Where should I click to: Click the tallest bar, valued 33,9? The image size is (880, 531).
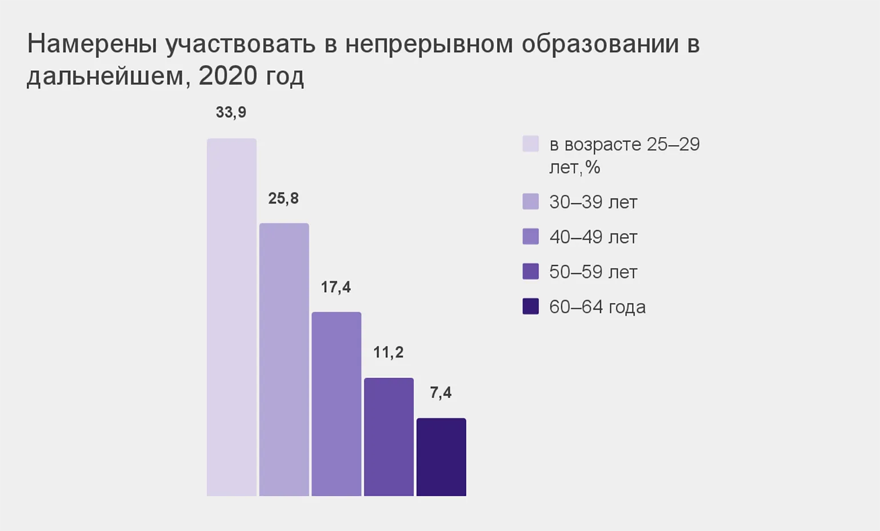(x=231, y=317)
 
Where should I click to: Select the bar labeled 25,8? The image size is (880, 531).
(x=284, y=360)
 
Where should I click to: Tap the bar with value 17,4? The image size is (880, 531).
(x=336, y=404)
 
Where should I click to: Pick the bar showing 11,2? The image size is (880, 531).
(x=389, y=437)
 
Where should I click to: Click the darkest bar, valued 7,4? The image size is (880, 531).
(x=441, y=457)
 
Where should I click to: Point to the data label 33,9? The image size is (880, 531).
(x=231, y=112)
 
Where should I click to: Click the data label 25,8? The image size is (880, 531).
(x=283, y=198)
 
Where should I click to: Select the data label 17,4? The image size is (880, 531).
(x=335, y=287)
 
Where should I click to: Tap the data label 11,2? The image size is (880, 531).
(x=388, y=352)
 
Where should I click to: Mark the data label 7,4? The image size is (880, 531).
(x=441, y=393)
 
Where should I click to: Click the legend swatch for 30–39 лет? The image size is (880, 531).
(x=530, y=201)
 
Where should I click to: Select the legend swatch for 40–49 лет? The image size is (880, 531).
(x=530, y=236)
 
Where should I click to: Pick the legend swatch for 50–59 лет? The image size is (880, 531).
(x=530, y=271)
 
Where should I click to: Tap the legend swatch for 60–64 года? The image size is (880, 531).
(x=530, y=306)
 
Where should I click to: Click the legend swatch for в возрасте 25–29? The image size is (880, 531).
(x=530, y=143)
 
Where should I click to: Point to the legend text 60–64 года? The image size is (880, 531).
(x=597, y=307)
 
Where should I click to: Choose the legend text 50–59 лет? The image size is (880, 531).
(x=593, y=272)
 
